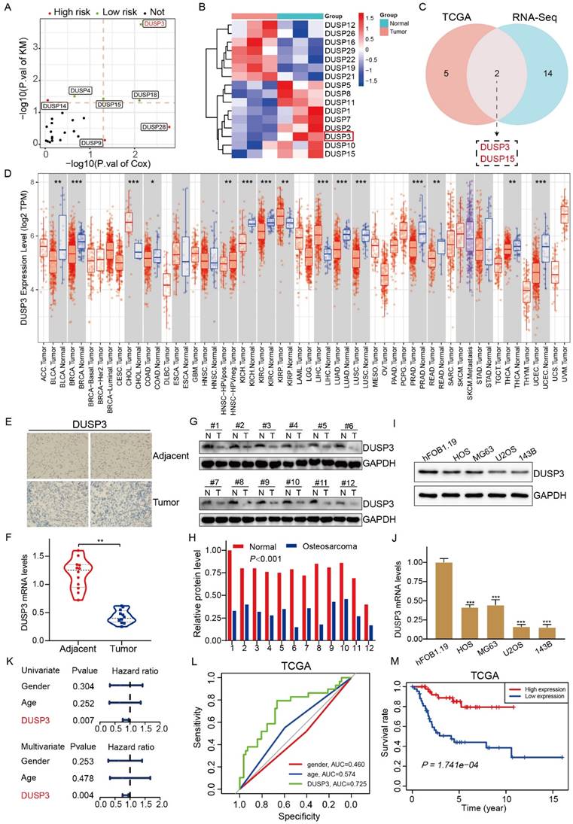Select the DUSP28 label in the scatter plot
point(154,127)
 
